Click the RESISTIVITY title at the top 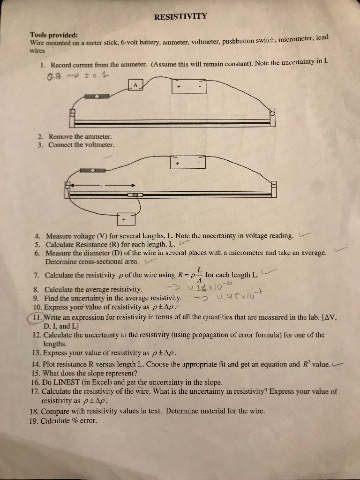click(180, 17)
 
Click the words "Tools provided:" click(54, 35)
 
